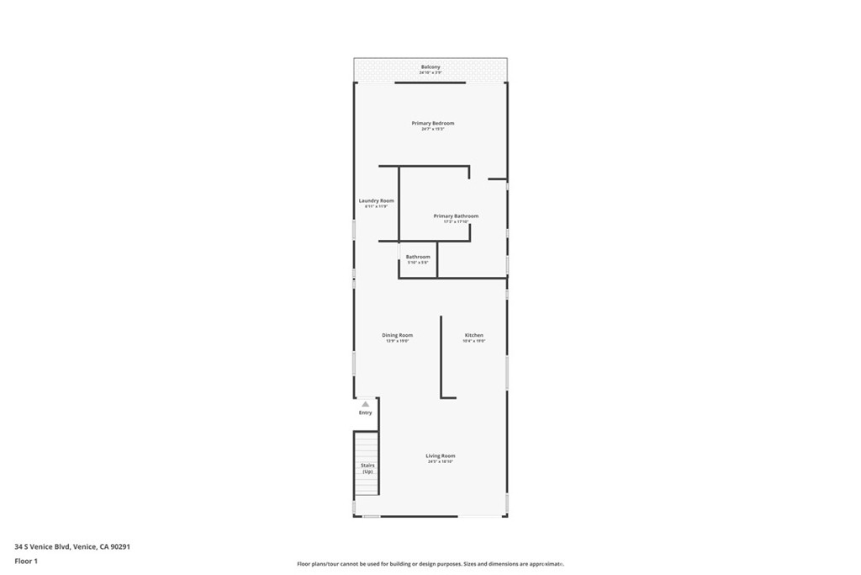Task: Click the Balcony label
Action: pyautogui.click(x=430, y=67)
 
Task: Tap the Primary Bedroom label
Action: pyautogui.click(x=432, y=123)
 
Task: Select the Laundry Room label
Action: pyautogui.click(x=376, y=200)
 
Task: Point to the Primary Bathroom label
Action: pyautogui.click(x=456, y=216)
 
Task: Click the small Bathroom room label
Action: pyautogui.click(x=418, y=257)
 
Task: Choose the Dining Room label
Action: pyautogui.click(x=397, y=335)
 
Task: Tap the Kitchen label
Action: pyautogui.click(x=474, y=335)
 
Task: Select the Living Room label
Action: pyautogui.click(x=440, y=455)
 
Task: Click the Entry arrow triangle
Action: pyautogui.click(x=365, y=404)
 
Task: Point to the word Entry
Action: pyautogui.click(x=365, y=413)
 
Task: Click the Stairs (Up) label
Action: pyautogui.click(x=367, y=468)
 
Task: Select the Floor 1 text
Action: pyautogui.click(x=26, y=561)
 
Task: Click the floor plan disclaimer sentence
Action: pyautogui.click(x=430, y=564)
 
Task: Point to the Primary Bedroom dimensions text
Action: pyautogui.click(x=432, y=130)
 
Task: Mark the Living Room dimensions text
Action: pyautogui.click(x=440, y=462)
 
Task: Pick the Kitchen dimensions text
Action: pyautogui.click(x=474, y=341)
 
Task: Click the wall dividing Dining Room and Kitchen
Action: pyautogui.click(x=441, y=354)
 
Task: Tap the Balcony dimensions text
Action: pyautogui.click(x=430, y=73)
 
